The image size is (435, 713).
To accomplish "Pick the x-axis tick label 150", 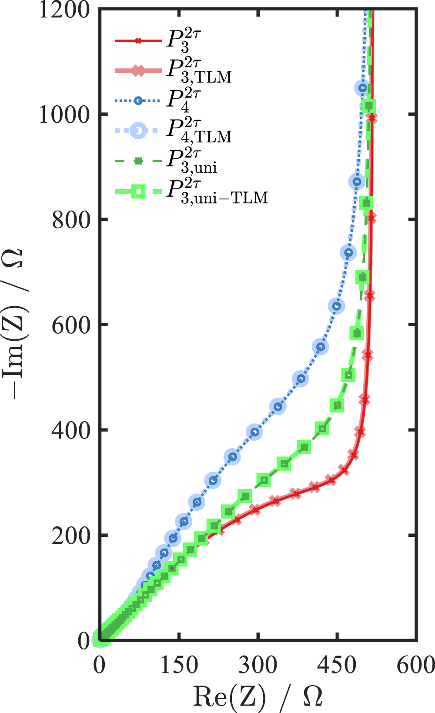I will tap(179, 665).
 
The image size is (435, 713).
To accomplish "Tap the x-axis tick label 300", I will tap(258, 665).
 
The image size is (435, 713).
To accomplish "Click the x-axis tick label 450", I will tap(337, 665).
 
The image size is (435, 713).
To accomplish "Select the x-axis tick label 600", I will tap(415, 665).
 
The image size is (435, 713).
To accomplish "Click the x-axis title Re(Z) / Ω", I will tap(258, 696).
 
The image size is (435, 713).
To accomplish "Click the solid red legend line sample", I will tap(138, 41).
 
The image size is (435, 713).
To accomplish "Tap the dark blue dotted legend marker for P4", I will tap(138, 101).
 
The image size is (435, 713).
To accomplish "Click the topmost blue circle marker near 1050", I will tap(362, 88).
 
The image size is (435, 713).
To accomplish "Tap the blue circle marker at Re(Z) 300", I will tap(254, 432).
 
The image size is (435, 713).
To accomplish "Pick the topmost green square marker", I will tap(369, 106).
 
